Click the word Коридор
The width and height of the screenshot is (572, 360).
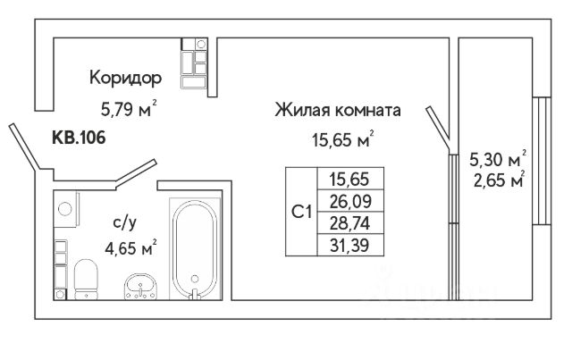click(125, 78)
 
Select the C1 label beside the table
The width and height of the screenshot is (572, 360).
click(301, 212)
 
